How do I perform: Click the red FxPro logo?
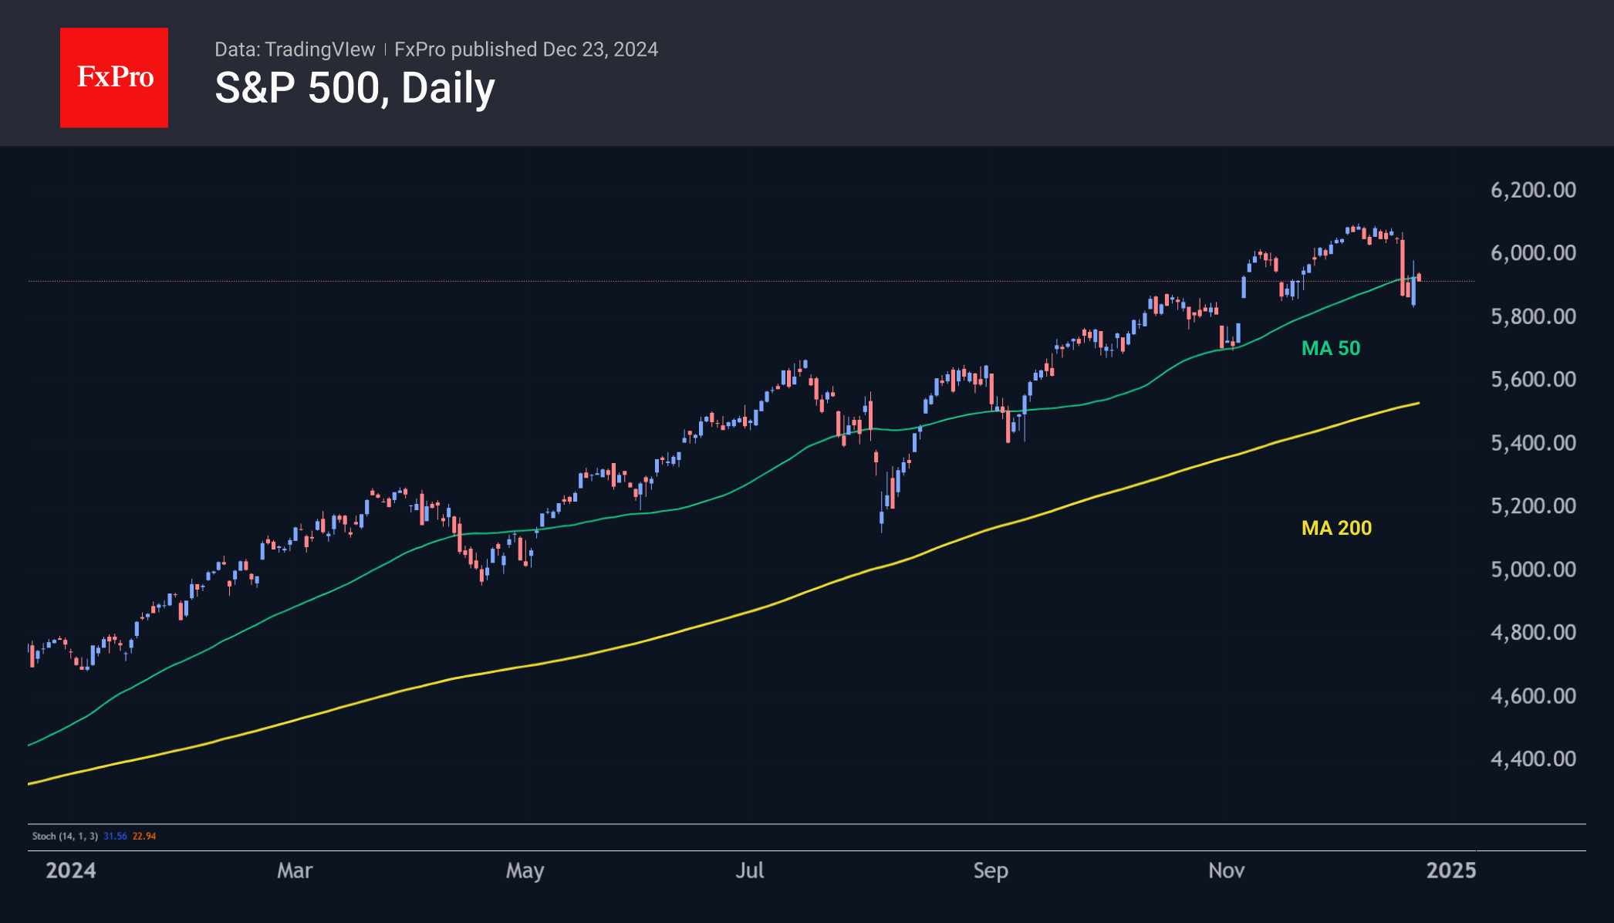[114, 78]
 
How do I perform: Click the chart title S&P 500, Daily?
[355, 88]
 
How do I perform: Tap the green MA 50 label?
[1331, 348]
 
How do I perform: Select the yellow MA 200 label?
[1336, 528]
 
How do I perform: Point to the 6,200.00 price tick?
[1533, 190]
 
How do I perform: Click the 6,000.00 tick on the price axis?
[1533, 253]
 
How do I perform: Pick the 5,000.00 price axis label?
[1533, 570]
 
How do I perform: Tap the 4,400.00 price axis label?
[1533, 759]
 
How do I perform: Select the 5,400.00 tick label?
[1533, 443]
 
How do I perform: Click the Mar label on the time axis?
[295, 871]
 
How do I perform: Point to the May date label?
[525, 871]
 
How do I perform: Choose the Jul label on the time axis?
[750, 871]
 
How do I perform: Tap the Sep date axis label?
[991, 871]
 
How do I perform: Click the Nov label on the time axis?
[1226, 871]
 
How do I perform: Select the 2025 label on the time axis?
[1451, 871]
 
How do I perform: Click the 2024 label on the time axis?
[71, 871]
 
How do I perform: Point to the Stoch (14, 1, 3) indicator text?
[65, 836]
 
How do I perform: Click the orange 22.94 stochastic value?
[144, 836]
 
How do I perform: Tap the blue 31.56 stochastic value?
[115, 836]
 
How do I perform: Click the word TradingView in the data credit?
[319, 49]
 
